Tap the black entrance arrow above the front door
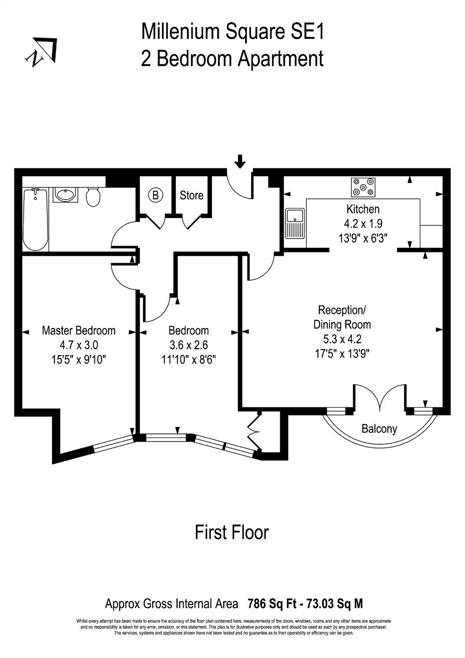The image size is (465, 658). click(x=240, y=161)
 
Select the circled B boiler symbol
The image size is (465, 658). click(x=155, y=195)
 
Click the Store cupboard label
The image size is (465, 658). click(x=192, y=195)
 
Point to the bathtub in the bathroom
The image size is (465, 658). click(x=35, y=219)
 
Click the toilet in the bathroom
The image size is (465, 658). click(x=93, y=197)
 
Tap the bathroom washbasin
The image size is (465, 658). click(x=65, y=195)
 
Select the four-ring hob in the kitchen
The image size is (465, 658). click(x=363, y=187)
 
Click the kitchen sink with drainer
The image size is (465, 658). click(x=295, y=223)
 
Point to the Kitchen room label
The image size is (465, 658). click(x=363, y=209)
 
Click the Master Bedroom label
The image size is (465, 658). click(x=79, y=331)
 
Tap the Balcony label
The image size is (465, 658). click(x=379, y=429)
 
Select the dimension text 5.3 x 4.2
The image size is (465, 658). click(x=342, y=339)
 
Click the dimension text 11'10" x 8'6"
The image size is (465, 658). click(x=189, y=360)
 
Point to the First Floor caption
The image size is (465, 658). click(x=232, y=532)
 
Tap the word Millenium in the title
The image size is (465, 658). click(x=180, y=32)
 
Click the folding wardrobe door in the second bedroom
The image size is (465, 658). click(x=254, y=431)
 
